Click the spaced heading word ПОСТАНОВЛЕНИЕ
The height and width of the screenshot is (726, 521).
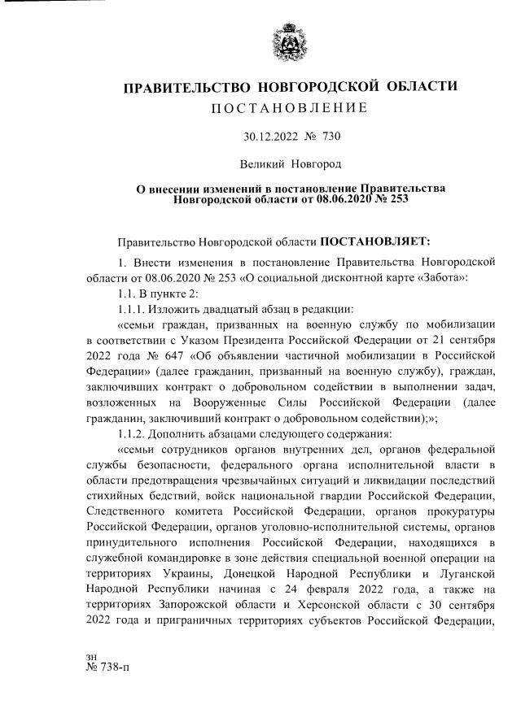tap(288, 108)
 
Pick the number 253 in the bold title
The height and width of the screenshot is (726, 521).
tap(396, 198)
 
